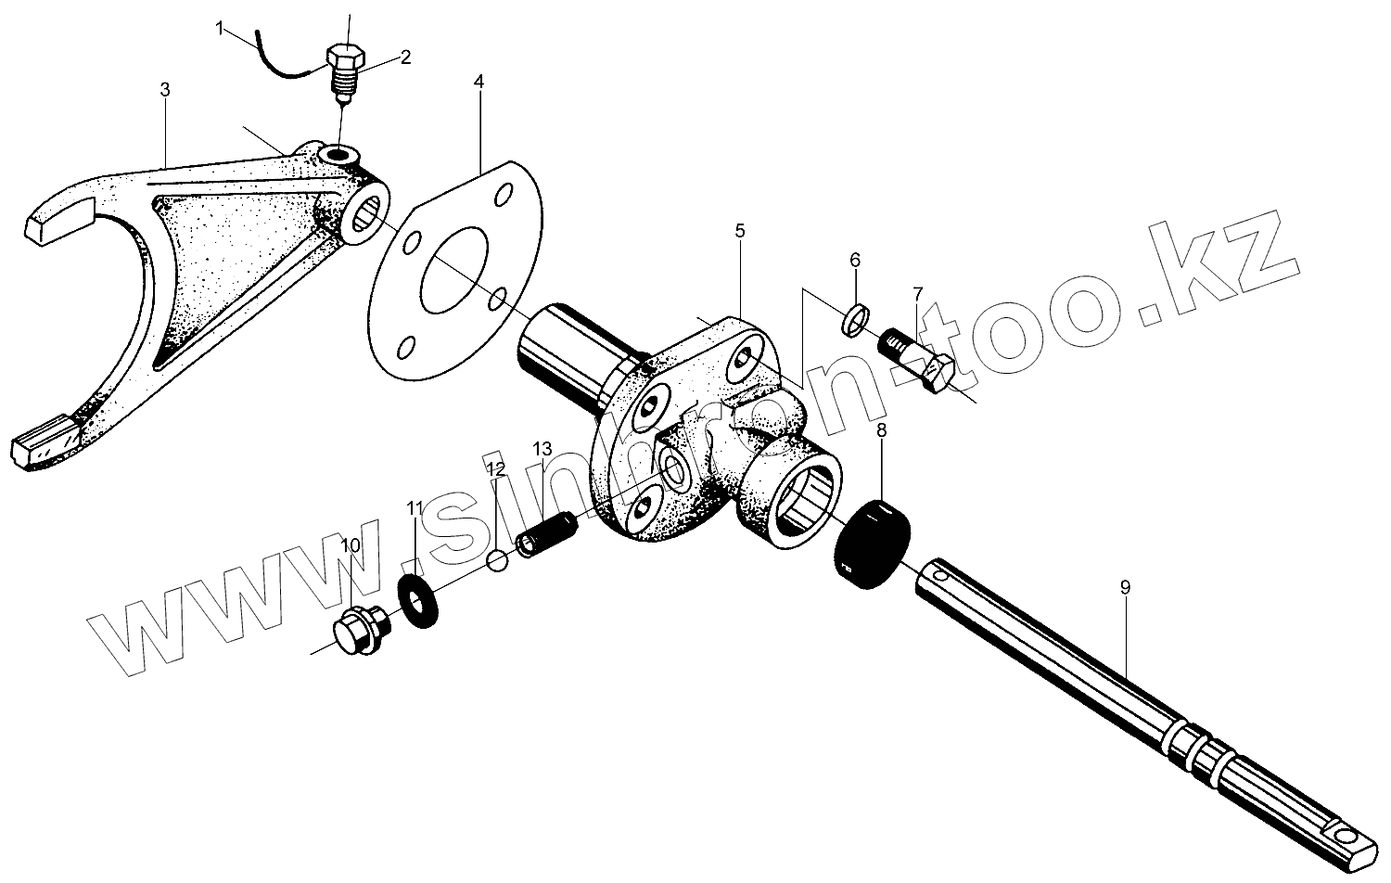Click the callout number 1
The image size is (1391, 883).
[x=220, y=29]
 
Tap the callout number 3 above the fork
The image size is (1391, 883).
[x=164, y=90]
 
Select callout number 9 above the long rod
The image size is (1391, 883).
[x=1125, y=586]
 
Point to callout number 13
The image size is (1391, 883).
[x=542, y=449]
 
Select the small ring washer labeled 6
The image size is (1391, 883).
[x=856, y=318]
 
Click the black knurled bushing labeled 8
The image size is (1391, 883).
[x=874, y=543]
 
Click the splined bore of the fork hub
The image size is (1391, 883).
[x=372, y=214]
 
